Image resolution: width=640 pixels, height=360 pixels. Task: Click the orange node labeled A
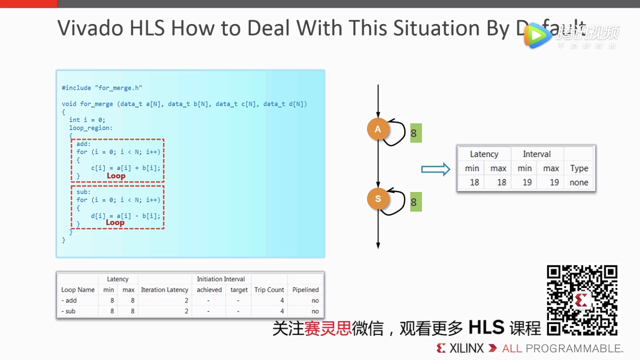pos(378,129)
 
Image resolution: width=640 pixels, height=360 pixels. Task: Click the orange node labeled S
pos(378,199)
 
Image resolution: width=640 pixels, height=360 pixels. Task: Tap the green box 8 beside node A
pos(415,133)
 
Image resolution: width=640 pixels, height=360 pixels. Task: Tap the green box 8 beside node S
pos(415,202)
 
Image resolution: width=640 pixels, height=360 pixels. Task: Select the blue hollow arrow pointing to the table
pos(435,169)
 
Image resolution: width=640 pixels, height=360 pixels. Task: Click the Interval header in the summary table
pos(536,154)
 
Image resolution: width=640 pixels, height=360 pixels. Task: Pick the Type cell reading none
pos(579,182)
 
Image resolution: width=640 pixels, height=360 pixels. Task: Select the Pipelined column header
pos(306,290)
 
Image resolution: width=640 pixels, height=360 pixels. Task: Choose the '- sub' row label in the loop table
pos(69,312)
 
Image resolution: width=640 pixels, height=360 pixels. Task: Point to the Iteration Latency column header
pos(165,290)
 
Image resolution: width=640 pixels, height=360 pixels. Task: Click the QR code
pos(582,300)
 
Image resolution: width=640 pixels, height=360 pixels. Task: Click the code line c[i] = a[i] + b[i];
pos(126,168)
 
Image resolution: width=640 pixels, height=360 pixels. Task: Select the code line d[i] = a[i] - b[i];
pos(126,216)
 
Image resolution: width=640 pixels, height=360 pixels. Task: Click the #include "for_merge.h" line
pos(102,88)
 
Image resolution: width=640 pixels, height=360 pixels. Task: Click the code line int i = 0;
pos(87,120)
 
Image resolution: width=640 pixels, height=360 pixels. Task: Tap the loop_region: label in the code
pos(91,128)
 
